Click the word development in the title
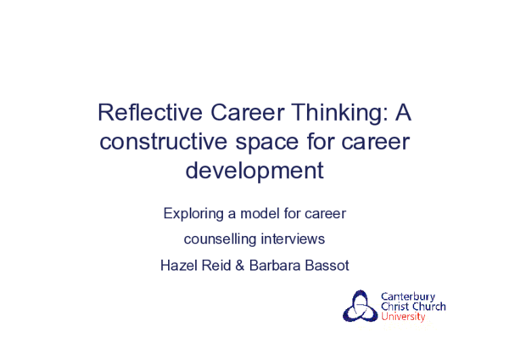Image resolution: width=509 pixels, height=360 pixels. tap(255, 170)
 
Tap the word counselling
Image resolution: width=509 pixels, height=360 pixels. tap(223, 239)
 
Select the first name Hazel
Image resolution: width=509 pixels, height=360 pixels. tap(179, 265)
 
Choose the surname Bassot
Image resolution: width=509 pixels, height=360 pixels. tap(330, 265)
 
